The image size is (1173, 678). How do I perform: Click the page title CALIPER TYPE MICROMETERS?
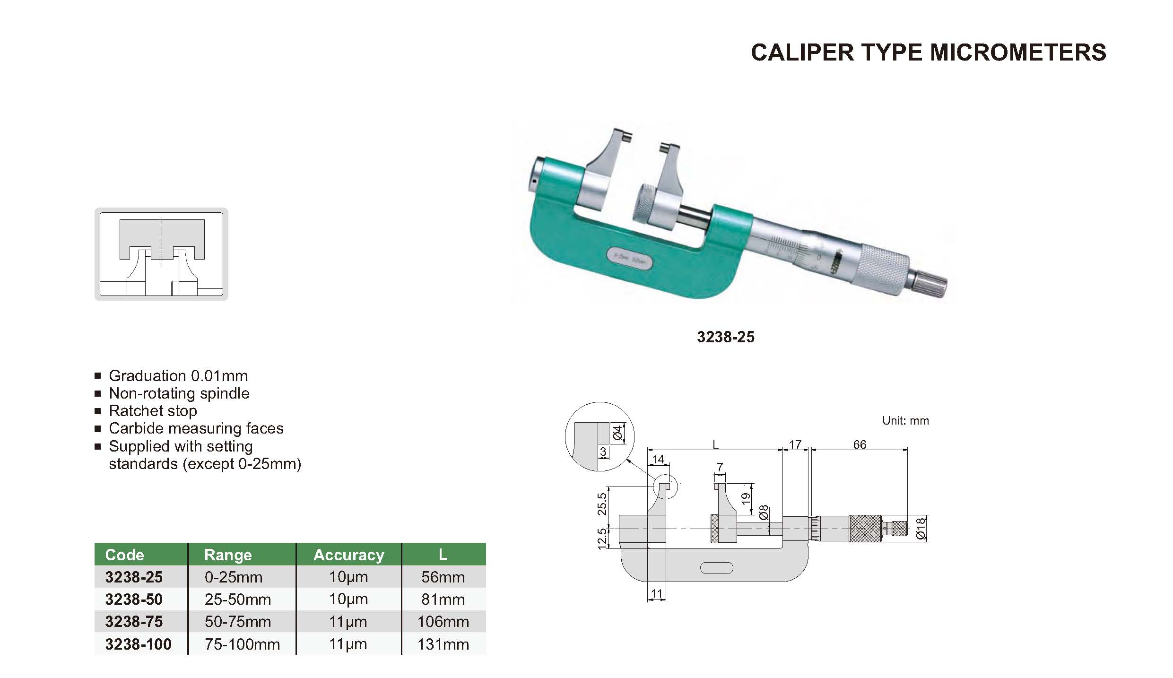929,52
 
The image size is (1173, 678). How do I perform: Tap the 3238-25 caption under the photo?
726,337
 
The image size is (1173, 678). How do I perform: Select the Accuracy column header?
349,555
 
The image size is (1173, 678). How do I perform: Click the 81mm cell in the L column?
443,600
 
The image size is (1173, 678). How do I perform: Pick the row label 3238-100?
138,644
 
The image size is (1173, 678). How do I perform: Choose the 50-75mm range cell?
238,622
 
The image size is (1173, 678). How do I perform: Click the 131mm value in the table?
443,644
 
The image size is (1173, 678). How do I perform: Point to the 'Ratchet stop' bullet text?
153,411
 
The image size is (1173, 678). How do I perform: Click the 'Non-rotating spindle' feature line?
179,393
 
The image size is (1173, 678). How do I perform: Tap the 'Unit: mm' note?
905,421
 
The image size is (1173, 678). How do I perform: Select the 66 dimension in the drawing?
860,444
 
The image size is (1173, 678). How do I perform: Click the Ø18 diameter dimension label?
920,529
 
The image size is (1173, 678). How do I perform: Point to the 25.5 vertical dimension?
601,504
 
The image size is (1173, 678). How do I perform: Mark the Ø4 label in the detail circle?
617,433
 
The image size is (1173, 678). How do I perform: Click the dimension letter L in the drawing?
715,444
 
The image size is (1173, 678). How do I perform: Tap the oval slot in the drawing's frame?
716,568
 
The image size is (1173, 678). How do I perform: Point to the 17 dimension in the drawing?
795,444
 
